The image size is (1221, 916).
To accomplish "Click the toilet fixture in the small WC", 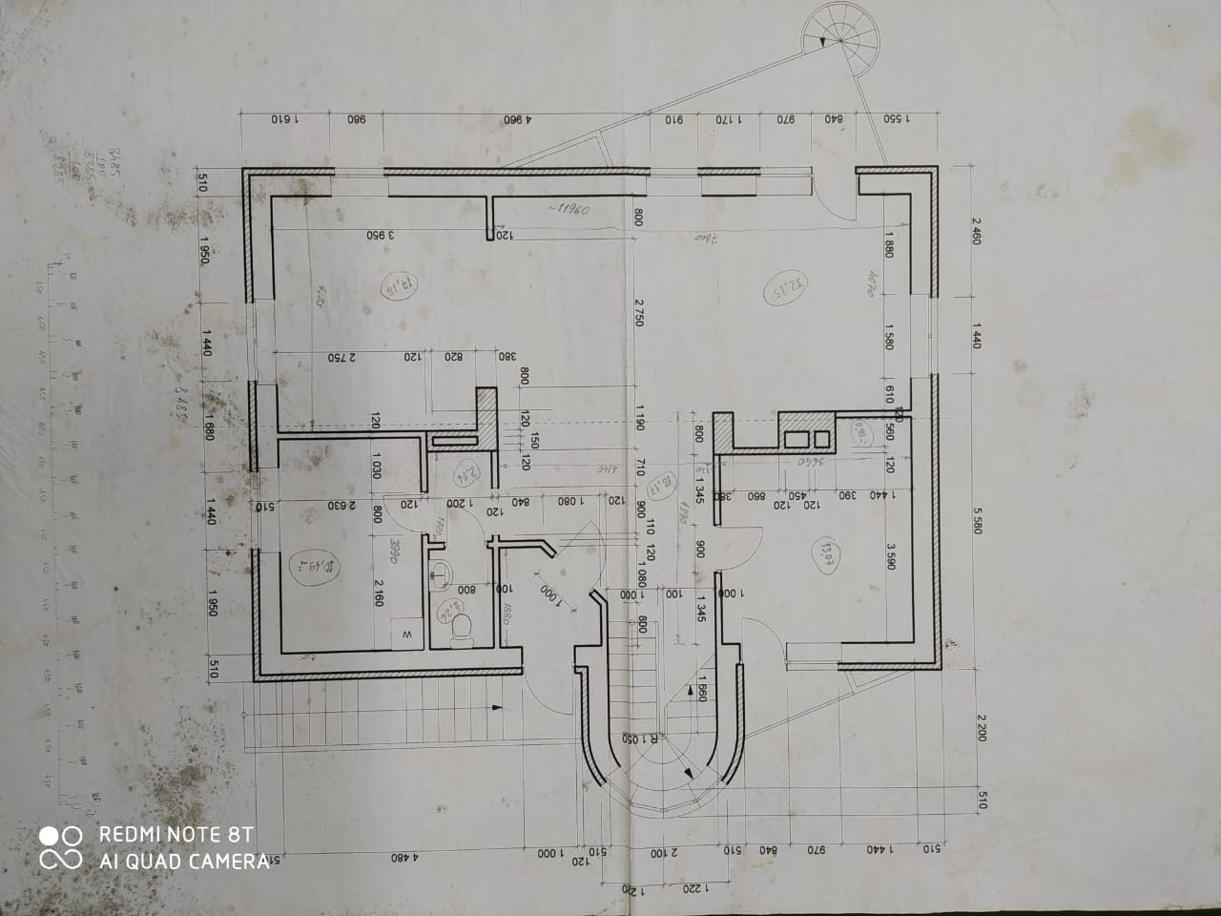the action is tap(463, 626).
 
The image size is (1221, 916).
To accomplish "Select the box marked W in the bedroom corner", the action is tap(406, 634).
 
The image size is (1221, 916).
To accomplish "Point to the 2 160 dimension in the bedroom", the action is tap(378, 593).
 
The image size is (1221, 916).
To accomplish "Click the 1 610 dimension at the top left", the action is tap(285, 121).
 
